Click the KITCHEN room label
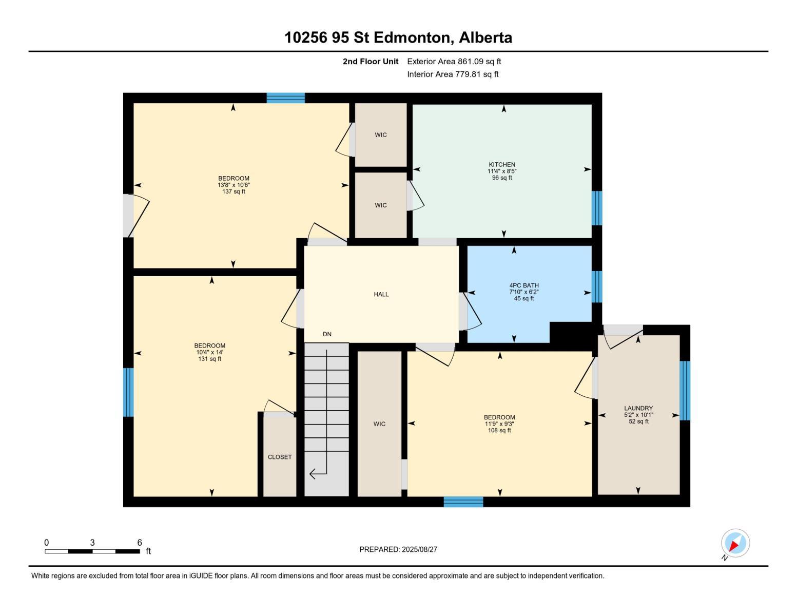click(x=501, y=165)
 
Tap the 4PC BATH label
click(x=523, y=285)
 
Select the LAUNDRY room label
click(x=638, y=408)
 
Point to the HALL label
click(x=381, y=294)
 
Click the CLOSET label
click(x=279, y=457)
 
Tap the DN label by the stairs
click(x=327, y=334)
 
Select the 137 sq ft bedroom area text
click(x=234, y=191)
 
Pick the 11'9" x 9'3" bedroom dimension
click(x=499, y=424)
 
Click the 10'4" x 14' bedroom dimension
click(x=209, y=352)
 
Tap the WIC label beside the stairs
click(x=379, y=424)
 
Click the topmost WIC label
click(x=380, y=135)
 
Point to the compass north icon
click(x=735, y=543)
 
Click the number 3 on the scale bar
click(x=92, y=543)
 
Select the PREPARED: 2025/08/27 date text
click(x=398, y=549)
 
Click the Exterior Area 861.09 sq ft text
click(x=454, y=62)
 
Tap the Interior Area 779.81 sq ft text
click(x=453, y=74)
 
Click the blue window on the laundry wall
click(x=685, y=390)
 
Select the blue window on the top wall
click(x=285, y=98)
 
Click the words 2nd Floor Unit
click(x=370, y=62)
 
